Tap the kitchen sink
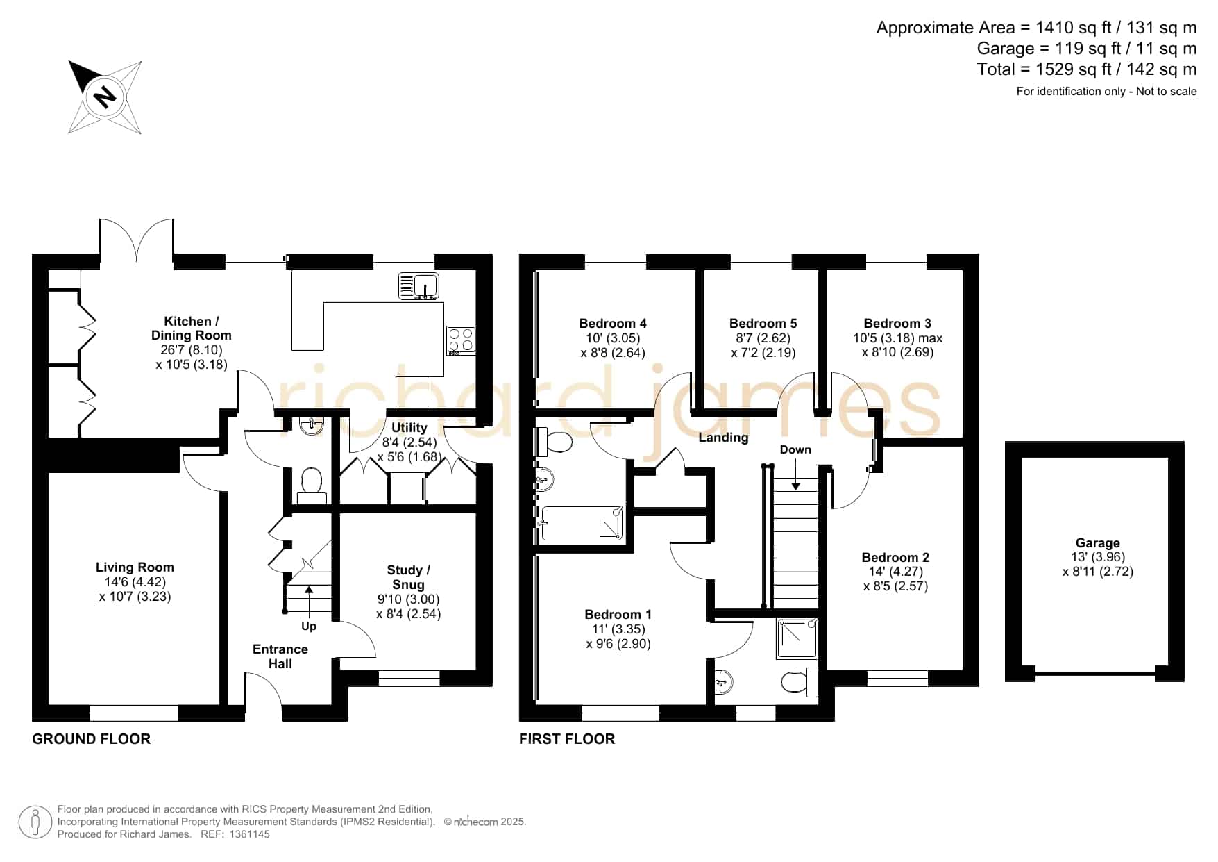click(419, 285)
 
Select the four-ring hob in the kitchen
click(461, 340)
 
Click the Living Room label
click(135, 567)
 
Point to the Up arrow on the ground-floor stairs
click(308, 600)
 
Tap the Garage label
click(1097, 543)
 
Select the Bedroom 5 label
click(763, 324)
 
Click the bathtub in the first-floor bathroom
click(582, 523)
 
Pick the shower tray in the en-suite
click(797, 638)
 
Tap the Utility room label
click(409, 428)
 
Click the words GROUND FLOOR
click(91, 739)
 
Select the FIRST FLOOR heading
click(567, 739)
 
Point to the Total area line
click(1087, 69)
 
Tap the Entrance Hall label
click(280, 656)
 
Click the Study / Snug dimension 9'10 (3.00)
click(408, 599)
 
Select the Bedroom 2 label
click(895, 558)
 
